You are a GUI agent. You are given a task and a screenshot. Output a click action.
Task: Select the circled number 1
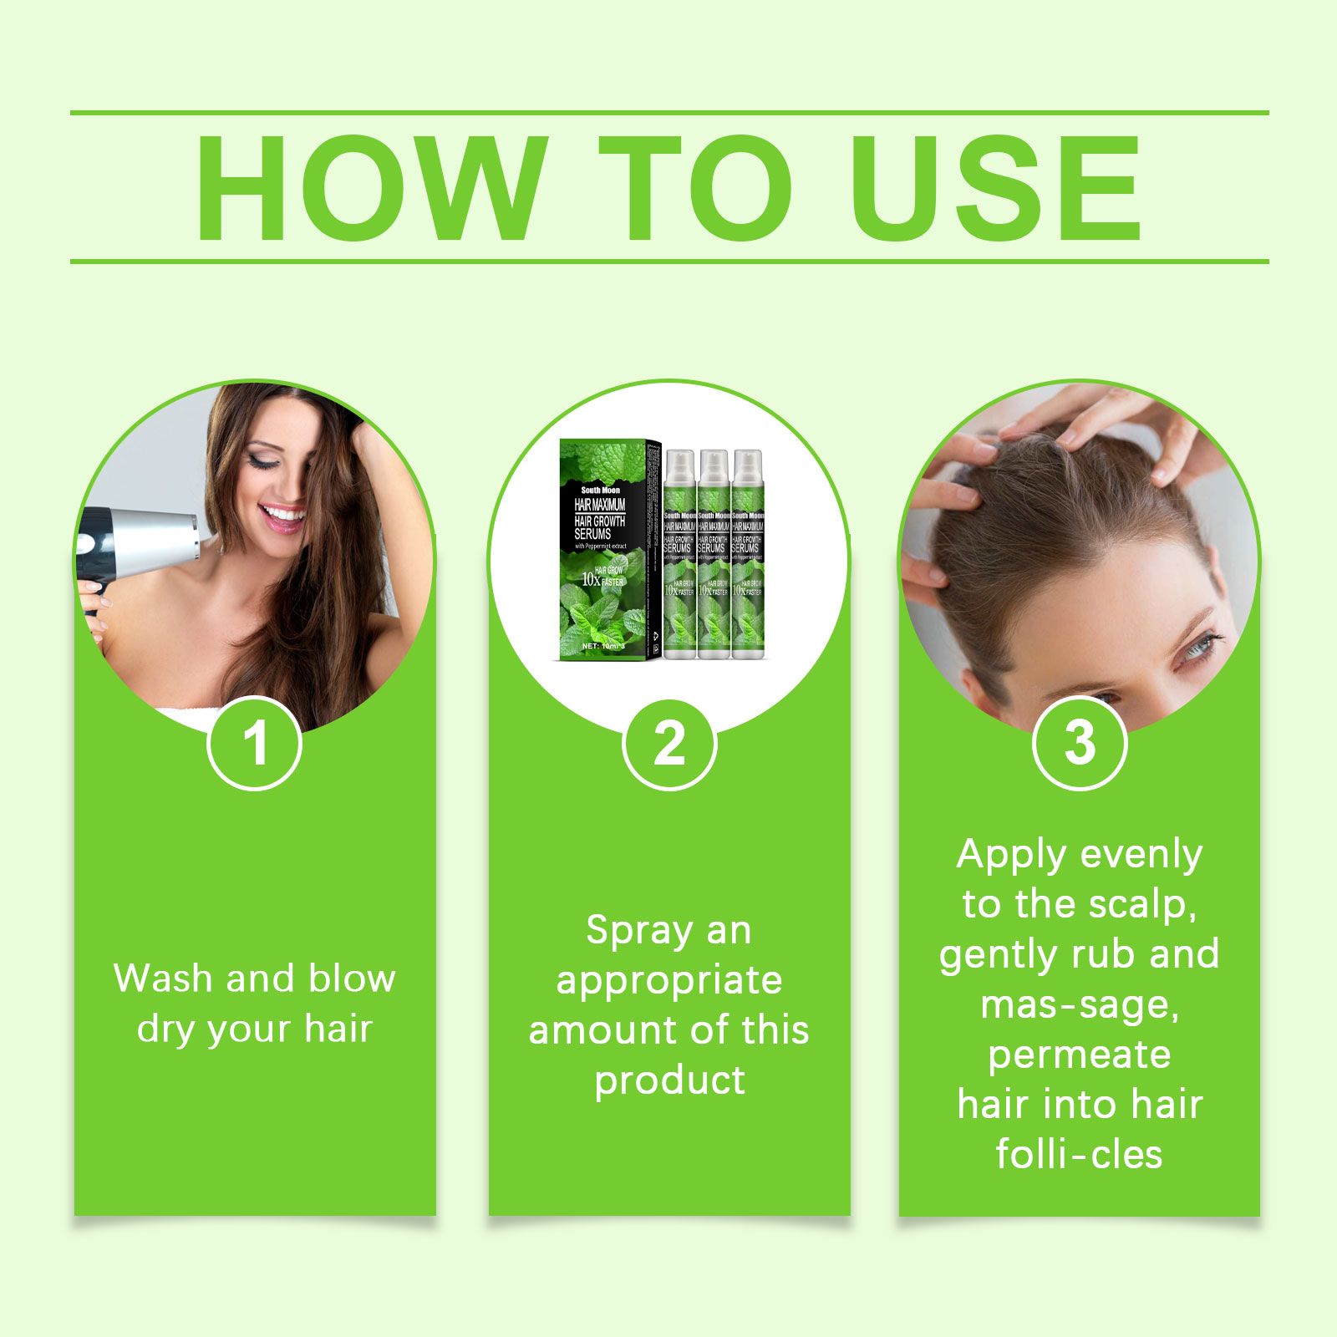click(254, 743)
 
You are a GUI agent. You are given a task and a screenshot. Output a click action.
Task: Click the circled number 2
click(669, 743)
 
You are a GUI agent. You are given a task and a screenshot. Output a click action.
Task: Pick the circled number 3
click(1079, 743)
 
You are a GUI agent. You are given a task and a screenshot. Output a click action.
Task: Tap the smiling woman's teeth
click(284, 513)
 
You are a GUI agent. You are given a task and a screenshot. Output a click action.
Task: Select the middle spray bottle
click(714, 556)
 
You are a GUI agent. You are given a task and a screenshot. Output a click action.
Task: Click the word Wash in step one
click(163, 979)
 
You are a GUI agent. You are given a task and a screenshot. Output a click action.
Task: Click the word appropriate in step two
click(669, 980)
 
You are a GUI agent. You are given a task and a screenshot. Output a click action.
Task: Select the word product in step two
click(669, 1080)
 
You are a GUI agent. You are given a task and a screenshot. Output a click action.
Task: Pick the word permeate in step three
click(1079, 1055)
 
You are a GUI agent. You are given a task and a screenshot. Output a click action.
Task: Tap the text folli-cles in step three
click(1079, 1155)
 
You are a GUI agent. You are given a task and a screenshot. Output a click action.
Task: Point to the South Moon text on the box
click(600, 491)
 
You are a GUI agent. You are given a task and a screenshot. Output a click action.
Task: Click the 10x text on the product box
click(590, 578)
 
